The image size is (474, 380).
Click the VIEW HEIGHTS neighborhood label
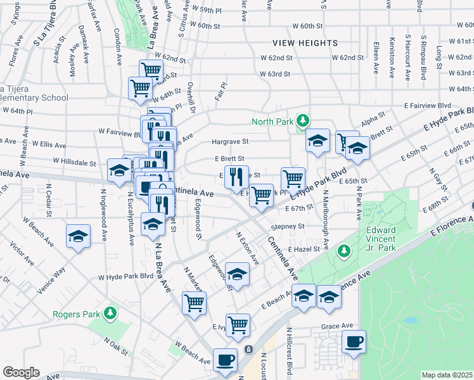pyautogui.click(x=305, y=43)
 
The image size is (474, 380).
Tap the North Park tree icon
pyautogui.click(x=304, y=120)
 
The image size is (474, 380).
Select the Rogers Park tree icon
pyautogui.click(x=110, y=313)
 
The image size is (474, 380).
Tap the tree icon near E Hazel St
pyautogui.click(x=344, y=251)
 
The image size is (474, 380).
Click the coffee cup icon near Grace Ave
pyautogui.click(x=354, y=341)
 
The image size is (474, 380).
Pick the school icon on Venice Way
pyautogui.click(x=78, y=236)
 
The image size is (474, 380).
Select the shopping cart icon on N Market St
pyautogui.click(x=194, y=301)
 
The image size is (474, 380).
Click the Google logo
pyautogui.click(x=21, y=372)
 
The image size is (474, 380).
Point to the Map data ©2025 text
pyautogui.click(x=447, y=375)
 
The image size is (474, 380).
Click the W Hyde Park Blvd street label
pyautogui.click(x=126, y=277)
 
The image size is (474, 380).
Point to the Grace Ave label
pyautogui.click(x=336, y=326)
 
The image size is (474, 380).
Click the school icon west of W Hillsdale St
pyautogui.click(x=118, y=170)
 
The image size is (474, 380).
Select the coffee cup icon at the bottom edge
pyautogui.click(x=224, y=360)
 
